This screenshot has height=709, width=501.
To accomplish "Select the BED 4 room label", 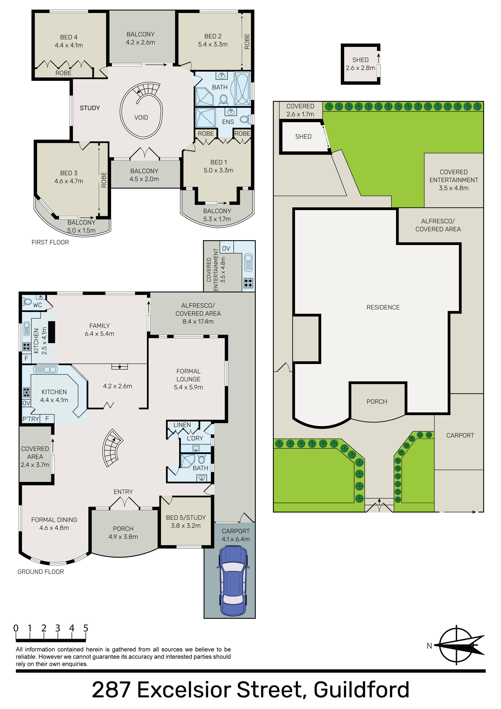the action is tap(69, 37).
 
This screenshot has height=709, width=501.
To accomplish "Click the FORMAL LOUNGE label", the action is tap(188, 375).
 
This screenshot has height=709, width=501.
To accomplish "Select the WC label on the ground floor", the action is tap(38, 305).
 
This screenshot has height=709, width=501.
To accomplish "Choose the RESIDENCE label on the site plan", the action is tap(383, 307).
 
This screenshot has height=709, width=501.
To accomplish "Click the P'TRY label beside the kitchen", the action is tap(31, 419).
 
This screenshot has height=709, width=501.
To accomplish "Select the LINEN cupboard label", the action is tap(182, 425).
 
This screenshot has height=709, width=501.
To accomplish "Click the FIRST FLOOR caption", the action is tap(50, 243).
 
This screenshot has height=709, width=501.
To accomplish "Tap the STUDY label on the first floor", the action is tap(90, 108).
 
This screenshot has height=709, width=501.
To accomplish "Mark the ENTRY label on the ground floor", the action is tap(123, 492).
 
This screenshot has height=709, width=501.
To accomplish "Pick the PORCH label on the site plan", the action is tap(377, 402).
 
